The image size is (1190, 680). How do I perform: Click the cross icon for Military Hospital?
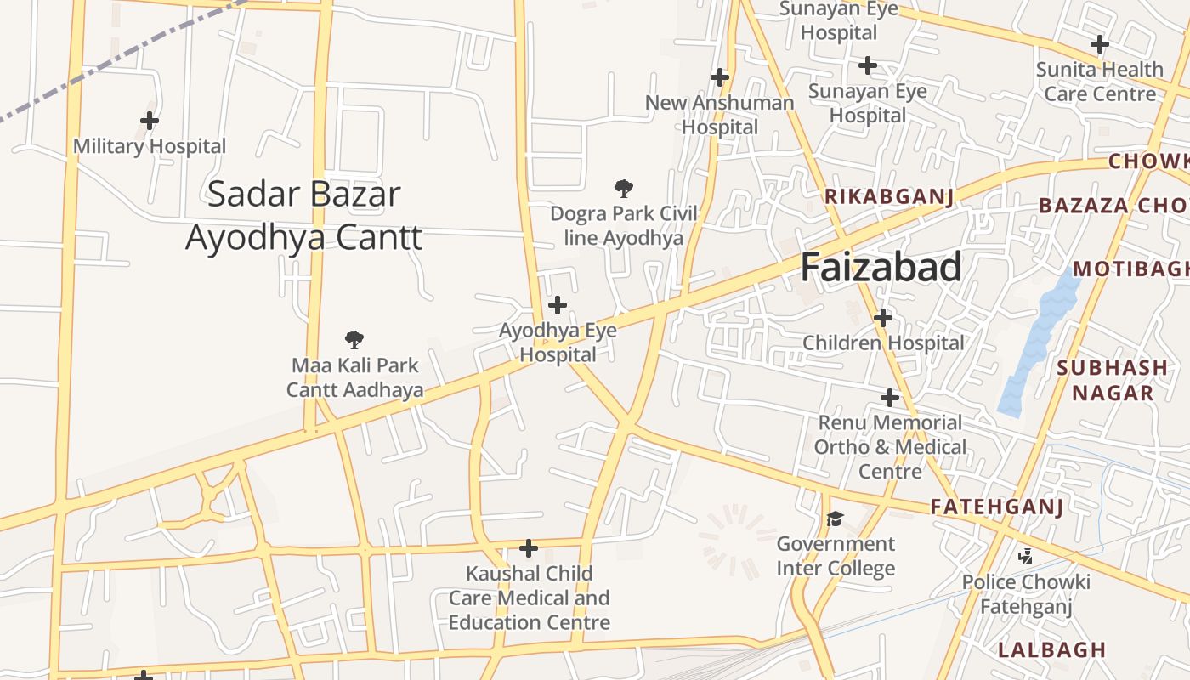point(150,121)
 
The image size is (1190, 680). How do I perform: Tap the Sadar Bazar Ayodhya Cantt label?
point(303,216)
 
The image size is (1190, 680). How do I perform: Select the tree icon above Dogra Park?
point(624,188)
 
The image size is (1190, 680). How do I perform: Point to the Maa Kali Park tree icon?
point(354,340)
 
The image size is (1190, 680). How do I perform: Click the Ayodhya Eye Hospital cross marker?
point(558,304)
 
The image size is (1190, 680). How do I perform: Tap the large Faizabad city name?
point(881,267)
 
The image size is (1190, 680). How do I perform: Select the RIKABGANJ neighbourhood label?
point(889,197)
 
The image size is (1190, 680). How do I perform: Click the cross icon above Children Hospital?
point(883,318)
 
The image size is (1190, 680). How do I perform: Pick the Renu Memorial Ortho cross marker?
point(890,397)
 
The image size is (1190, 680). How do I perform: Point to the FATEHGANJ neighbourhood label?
point(997,507)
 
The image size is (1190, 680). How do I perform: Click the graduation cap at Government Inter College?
point(836,518)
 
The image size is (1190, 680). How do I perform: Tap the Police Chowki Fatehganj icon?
point(1026,557)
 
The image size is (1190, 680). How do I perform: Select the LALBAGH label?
point(1052,650)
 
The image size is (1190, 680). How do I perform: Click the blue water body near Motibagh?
point(1037,340)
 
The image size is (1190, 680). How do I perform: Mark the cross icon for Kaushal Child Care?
point(529,548)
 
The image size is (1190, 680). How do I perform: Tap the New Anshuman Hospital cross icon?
point(720,77)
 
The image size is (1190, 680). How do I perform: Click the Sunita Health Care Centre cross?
point(1100,43)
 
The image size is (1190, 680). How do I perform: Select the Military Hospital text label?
point(150,146)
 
